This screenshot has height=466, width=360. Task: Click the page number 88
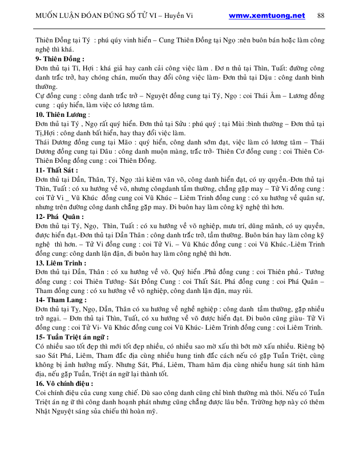tap(321, 15)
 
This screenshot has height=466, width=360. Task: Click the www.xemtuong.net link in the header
tap(267, 15)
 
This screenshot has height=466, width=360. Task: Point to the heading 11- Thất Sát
tap(57, 170)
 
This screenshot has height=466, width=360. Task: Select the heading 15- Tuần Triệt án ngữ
tap(72, 337)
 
